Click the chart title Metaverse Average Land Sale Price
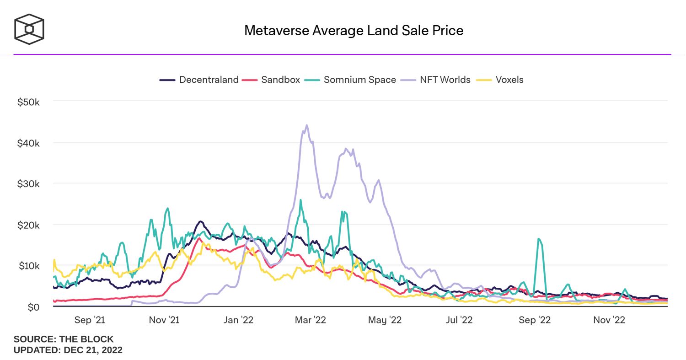354,31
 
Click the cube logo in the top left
29,29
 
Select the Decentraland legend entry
199,80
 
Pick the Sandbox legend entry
271,80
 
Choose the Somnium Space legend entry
350,80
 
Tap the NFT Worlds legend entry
436,80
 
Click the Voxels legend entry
500,80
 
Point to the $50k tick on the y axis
28,102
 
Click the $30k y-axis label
28,184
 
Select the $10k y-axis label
28,266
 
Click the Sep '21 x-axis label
89,320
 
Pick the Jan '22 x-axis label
237,320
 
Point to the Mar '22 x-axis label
311,320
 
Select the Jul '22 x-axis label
459,320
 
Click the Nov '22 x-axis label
609,320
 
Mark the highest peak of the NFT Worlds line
306,125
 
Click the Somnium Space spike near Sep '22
539,239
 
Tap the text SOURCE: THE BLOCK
64,339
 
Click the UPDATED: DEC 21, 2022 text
68,350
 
